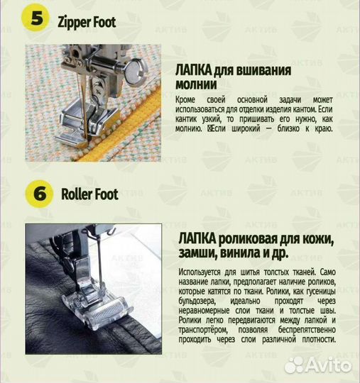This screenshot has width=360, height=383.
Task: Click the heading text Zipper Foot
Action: pos(86,22)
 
